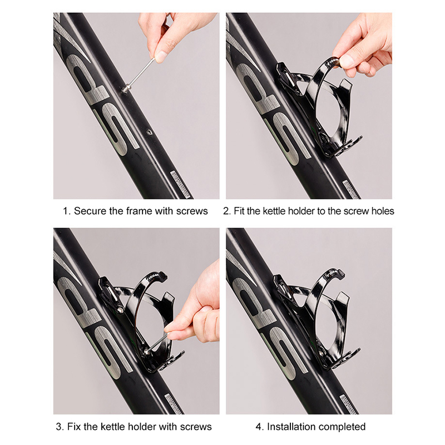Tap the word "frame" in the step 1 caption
pyautogui.click(x=139, y=211)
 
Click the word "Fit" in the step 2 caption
pyautogui.click(x=239, y=211)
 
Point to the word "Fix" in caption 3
pyautogui.click(x=73, y=427)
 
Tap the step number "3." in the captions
pyautogui.click(x=60, y=427)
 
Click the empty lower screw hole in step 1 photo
pyautogui.click(x=149, y=132)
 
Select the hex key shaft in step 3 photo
pyautogui.click(x=156, y=343)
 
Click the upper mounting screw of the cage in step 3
pyautogui.click(x=120, y=310)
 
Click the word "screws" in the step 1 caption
pyautogui.click(x=192, y=211)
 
